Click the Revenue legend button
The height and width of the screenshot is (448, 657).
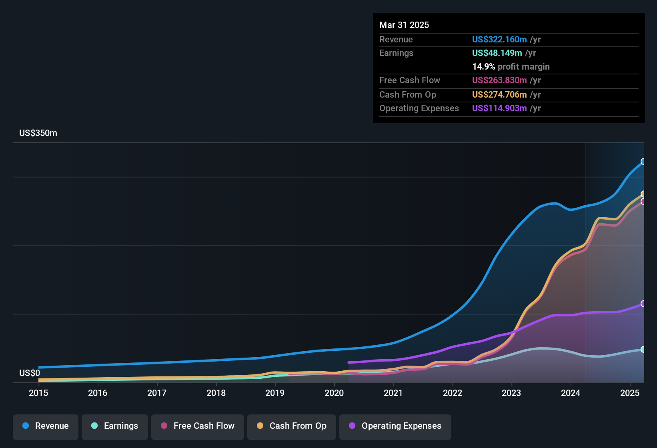(46, 426)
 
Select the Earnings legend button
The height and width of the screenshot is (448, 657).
(114, 426)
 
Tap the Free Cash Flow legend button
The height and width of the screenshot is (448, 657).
(198, 426)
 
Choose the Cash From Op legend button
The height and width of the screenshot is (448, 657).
(292, 426)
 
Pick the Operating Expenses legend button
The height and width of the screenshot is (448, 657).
(395, 426)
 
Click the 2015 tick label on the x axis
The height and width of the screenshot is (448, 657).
(38, 393)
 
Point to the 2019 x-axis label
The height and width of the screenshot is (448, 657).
(275, 393)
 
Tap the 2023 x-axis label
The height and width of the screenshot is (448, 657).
(511, 393)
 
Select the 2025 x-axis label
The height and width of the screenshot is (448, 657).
(630, 393)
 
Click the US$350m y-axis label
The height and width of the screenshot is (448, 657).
(38, 133)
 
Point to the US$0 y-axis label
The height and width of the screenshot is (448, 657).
(30, 373)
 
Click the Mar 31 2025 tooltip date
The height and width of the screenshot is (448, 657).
(404, 25)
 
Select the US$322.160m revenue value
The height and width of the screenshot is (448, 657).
(499, 40)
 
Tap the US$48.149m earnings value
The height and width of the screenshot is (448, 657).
(497, 53)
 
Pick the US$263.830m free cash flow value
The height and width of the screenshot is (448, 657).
(499, 80)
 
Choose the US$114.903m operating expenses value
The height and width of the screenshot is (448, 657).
(499, 108)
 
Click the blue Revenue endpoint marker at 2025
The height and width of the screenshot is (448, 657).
(643, 162)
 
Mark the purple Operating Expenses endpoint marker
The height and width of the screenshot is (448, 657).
(643, 304)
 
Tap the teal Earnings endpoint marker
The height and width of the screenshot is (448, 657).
(643, 349)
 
